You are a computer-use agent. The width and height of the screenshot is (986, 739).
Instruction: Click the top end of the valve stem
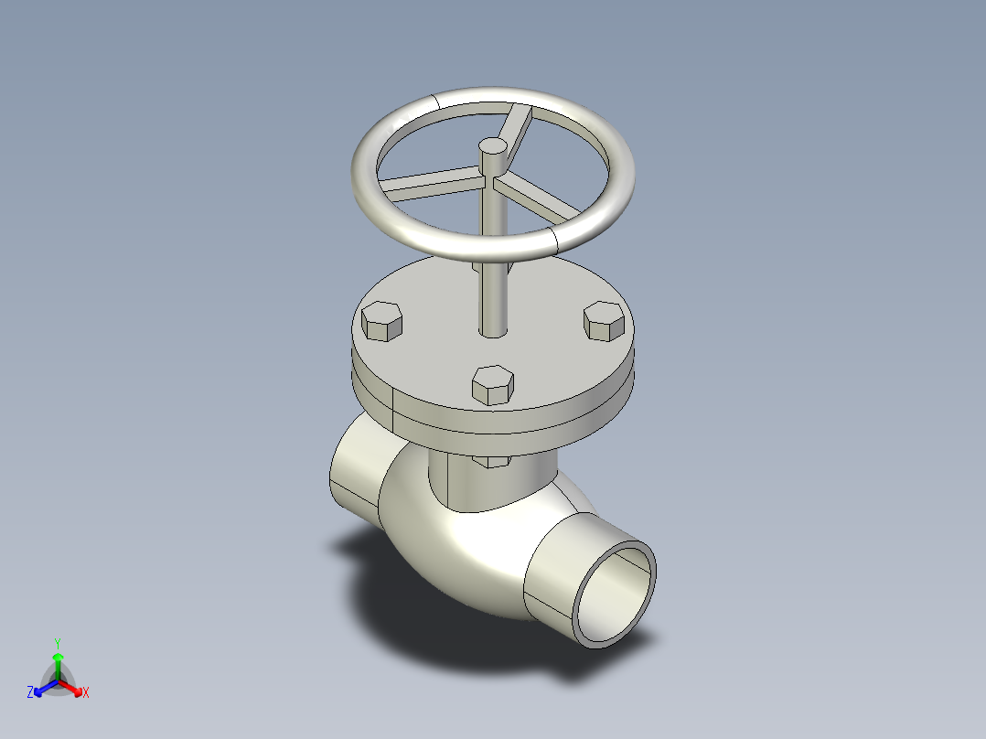(492, 145)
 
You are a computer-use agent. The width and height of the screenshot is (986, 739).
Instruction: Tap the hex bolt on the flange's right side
(604, 320)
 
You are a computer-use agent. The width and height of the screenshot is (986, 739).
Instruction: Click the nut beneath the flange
(493, 461)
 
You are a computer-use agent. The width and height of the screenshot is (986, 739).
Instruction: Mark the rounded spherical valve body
(457, 558)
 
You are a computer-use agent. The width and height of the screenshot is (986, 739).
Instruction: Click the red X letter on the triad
(86, 693)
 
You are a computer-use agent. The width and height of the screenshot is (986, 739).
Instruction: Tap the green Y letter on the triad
(57, 642)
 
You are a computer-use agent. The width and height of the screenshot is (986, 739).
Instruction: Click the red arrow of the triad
(72, 686)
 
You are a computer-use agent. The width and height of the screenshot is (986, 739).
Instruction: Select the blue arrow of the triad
(43, 686)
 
